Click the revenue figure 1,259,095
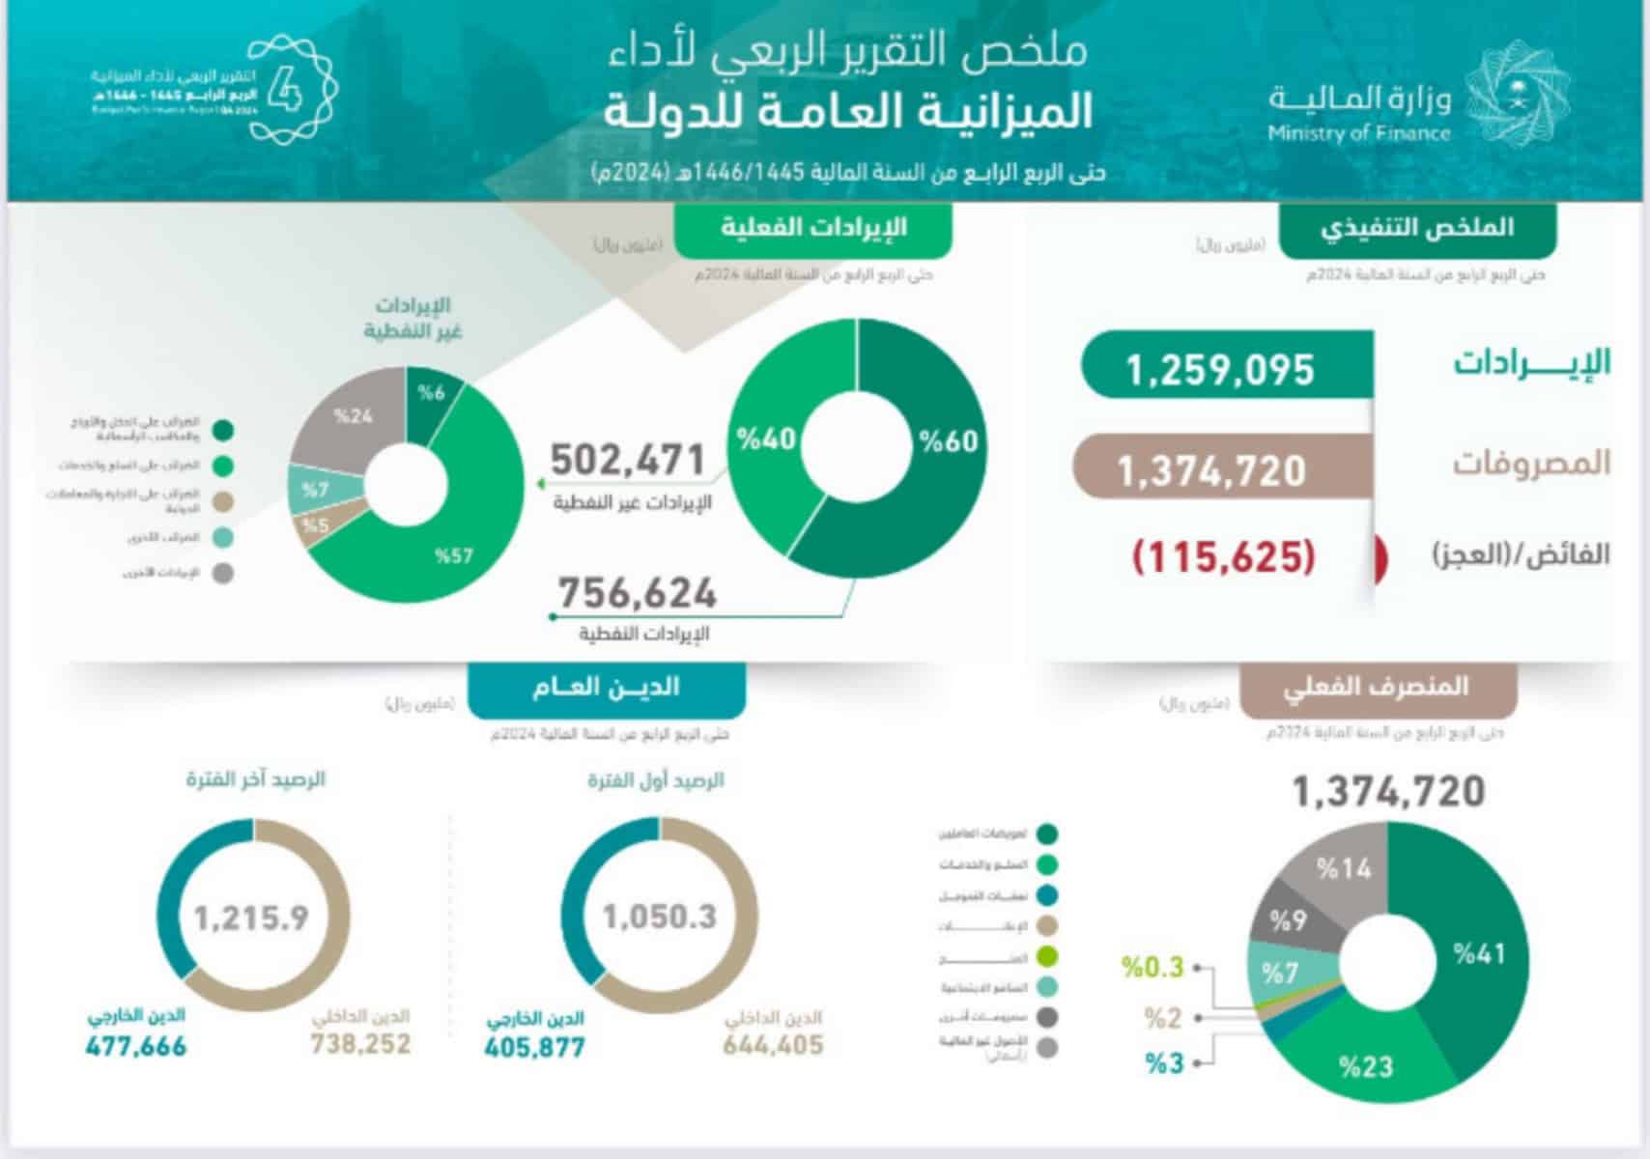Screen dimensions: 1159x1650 click(1220, 369)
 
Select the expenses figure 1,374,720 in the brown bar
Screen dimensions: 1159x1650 click(1211, 470)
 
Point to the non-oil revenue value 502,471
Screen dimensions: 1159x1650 click(628, 460)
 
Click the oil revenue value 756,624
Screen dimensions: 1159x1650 click(638, 592)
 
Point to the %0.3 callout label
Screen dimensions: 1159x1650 click(1152, 967)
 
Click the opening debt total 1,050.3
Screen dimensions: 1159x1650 click(660, 916)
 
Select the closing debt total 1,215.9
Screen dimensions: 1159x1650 click(251, 917)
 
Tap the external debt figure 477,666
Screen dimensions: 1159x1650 click(136, 1046)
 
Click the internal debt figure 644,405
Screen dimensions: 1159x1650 click(773, 1044)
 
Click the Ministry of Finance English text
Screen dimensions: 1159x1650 click(1359, 133)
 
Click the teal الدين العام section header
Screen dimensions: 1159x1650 click(606, 688)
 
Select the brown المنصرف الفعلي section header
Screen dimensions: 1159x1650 click(1376, 688)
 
